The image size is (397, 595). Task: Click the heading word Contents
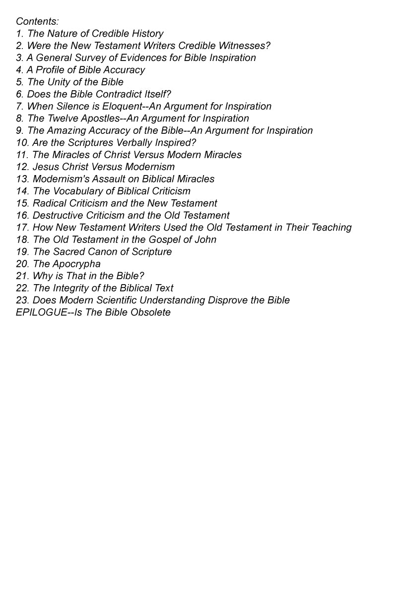click(x=37, y=21)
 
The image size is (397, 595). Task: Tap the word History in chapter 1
click(x=147, y=34)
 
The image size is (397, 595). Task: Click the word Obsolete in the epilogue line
click(x=150, y=312)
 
